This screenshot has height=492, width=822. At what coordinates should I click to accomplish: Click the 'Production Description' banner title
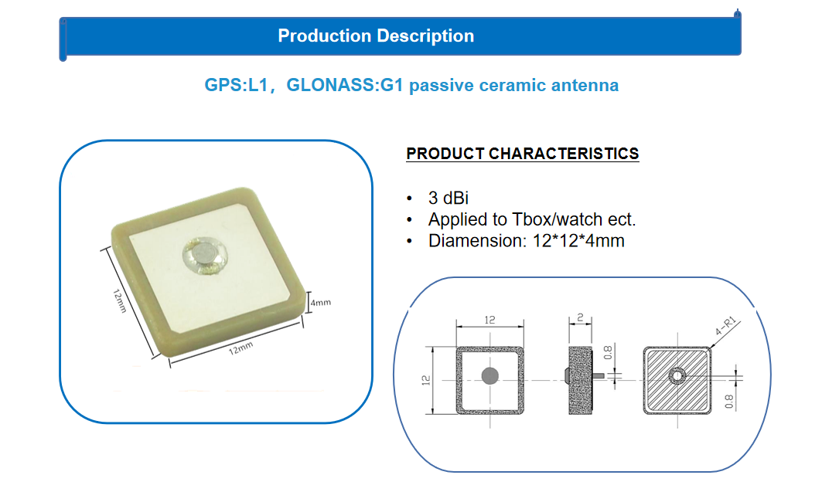tap(376, 36)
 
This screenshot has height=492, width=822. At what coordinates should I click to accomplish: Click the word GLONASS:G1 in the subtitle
tap(344, 85)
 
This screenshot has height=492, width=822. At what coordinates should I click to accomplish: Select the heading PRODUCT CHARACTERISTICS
tap(523, 154)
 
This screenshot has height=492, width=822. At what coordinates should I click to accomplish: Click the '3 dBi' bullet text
tap(449, 198)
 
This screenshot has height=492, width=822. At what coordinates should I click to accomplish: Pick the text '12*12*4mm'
tap(578, 241)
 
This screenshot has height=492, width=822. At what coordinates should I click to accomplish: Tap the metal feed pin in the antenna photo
tap(204, 254)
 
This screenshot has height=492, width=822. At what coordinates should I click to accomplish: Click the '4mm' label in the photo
tap(320, 303)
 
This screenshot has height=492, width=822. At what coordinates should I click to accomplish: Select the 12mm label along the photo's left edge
tap(120, 301)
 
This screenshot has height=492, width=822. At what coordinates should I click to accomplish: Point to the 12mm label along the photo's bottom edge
tap(240, 348)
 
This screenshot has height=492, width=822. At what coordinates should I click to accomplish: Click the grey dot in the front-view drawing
tap(489, 375)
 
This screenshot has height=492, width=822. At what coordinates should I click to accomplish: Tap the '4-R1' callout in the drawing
tap(726, 326)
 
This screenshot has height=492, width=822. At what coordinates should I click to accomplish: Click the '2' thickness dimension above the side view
tap(580, 317)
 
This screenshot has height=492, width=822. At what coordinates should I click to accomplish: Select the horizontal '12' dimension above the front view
tap(489, 320)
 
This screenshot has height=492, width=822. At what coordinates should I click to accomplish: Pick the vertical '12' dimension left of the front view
tap(425, 381)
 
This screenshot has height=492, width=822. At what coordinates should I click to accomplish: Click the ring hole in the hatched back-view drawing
tap(677, 375)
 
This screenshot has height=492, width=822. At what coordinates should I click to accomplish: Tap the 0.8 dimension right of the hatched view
tap(729, 402)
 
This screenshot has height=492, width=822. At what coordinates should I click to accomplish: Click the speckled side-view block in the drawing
tap(580, 381)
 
